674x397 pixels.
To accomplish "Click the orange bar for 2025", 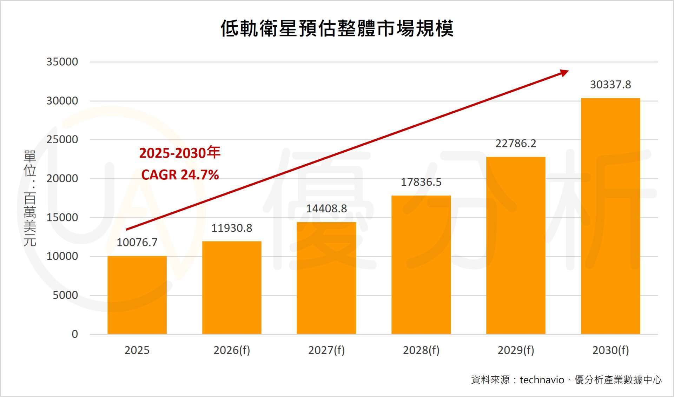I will tap(137, 295).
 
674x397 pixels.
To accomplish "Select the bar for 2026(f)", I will tap(232, 288).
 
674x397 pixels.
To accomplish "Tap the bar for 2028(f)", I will tap(421, 265).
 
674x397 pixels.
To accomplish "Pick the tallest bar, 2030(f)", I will tap(610, 216).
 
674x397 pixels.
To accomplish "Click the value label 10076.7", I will tap(137, 243).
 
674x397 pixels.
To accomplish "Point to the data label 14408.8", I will tap(326, 209).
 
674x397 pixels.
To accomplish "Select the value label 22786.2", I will tap(516, 144).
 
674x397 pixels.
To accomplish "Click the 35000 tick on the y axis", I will tap(62, 62).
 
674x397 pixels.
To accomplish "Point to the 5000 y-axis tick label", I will tap(65, 295).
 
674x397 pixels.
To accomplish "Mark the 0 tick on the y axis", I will tap(75, 334).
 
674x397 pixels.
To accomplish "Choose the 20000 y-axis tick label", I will tap(62, 179).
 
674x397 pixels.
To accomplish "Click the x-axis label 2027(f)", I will tap(326, 350).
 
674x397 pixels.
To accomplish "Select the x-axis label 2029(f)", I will tap(516, 350).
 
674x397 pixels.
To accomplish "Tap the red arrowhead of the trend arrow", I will tap(564, 73).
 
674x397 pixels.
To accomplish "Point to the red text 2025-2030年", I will tap(180, 153).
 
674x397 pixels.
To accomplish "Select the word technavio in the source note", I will tap(542, 380).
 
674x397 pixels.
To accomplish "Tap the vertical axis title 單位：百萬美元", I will tap(30, 198).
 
